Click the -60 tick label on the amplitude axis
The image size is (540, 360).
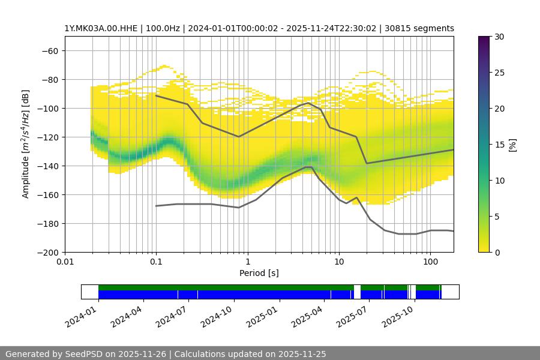point(50,50)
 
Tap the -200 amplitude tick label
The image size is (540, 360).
point(47,252)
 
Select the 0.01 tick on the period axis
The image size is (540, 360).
point(65,262)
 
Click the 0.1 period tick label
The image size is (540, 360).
point(156,262)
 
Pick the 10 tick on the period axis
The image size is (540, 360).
point(338,262)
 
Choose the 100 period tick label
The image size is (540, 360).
point(430,262)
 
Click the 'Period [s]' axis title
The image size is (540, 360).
point(259,273)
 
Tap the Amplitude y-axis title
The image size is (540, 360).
point(26,144)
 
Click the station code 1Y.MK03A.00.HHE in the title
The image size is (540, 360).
point(98,28)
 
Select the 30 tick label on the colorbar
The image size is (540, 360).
point(499,37)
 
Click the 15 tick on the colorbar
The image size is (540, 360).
point(499,145)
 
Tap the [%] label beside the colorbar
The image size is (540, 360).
point(512,144)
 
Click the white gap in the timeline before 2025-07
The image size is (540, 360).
point(357,292)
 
